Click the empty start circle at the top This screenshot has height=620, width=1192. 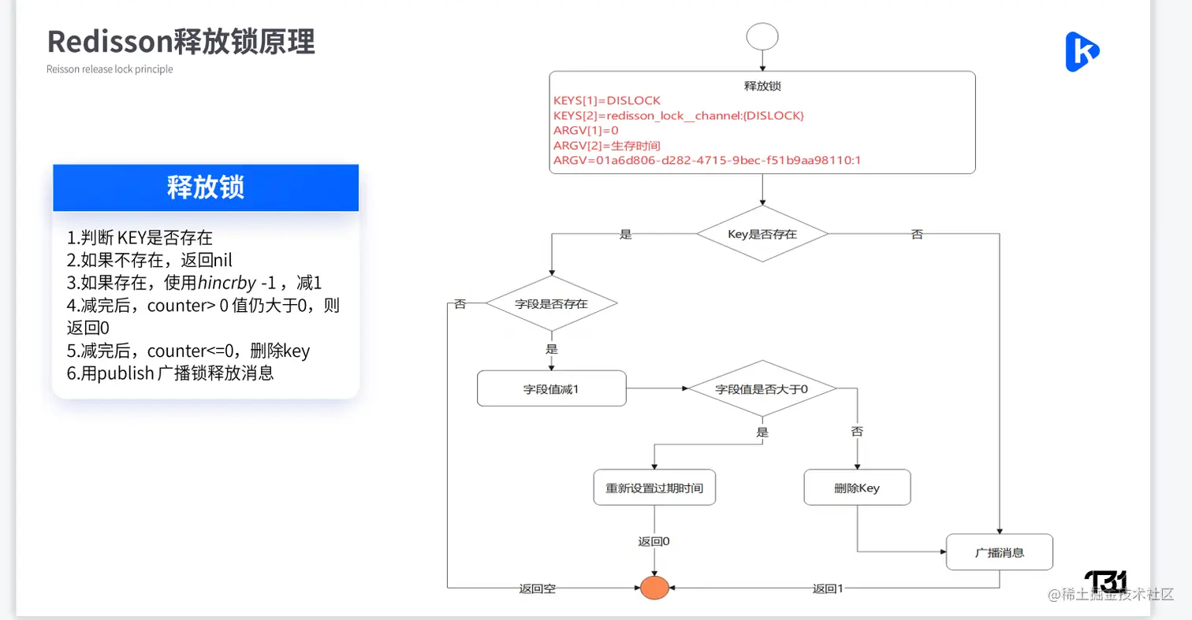point(762,35)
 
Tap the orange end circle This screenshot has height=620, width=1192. point(654,588)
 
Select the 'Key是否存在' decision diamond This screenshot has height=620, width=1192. point(762,234)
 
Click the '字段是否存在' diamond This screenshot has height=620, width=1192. point(551,303)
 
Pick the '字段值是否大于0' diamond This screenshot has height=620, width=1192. point(762,388)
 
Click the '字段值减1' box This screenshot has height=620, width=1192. point(551,388)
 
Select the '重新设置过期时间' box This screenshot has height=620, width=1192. point(654,488)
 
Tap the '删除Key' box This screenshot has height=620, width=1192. point(857,488)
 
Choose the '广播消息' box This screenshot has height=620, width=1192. point(1000,552)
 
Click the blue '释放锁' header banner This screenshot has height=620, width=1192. point(206,187)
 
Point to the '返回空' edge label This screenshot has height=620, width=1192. point(537,588)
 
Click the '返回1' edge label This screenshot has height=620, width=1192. point(828,588)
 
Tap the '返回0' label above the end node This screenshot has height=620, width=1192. point(654,541)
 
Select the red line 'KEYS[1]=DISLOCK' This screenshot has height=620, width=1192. point(607,101)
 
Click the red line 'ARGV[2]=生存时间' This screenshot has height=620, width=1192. point(606,146)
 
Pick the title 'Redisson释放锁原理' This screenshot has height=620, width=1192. point(181,41)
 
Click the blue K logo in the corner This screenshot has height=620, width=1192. point(1082,52)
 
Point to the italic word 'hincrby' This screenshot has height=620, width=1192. point(227,283)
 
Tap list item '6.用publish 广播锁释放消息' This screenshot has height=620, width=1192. point(170,373)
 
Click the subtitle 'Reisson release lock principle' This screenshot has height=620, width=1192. point(110,69)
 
